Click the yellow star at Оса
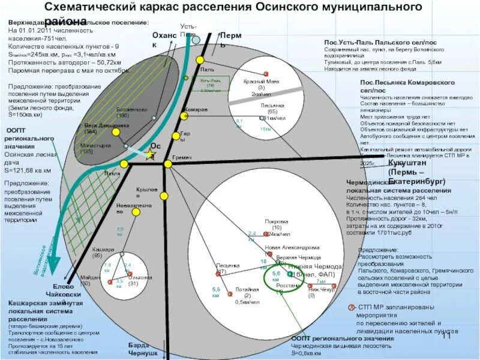pyautogui.click(x=149, y=155)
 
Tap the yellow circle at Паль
pyautogui.click(x=201, y=60)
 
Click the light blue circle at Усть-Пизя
pyautogui.click(x=196, y=39)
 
